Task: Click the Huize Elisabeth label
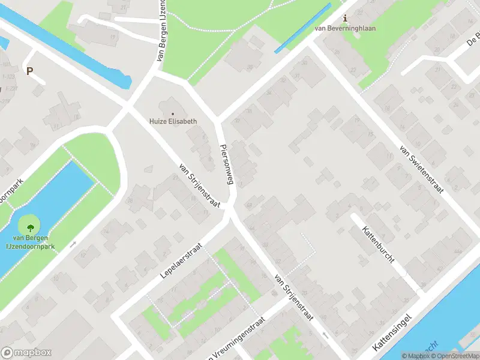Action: tap(173, 121)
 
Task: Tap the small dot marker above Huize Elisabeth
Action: tap(173, 113)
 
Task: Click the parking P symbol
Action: tap(29, 71)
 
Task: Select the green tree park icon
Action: tap(30, 227)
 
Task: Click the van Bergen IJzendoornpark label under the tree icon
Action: tap(30, 242)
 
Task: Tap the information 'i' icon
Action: tap(344, 19)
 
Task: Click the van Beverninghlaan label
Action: tap(344, 28)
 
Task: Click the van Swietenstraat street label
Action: tap(421, 169)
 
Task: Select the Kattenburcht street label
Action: tap(377, 247)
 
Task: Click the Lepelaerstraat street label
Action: tap(182, 259)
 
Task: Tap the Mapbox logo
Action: tap(26, 353)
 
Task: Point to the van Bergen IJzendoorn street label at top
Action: tap(161, 30)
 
